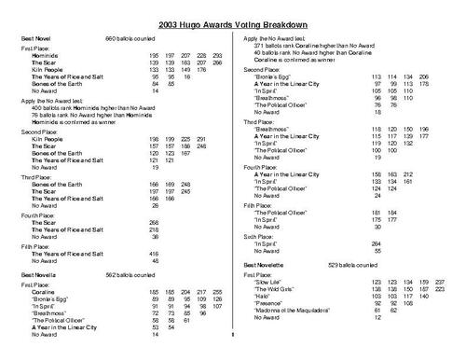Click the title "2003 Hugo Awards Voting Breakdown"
(233, 20)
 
